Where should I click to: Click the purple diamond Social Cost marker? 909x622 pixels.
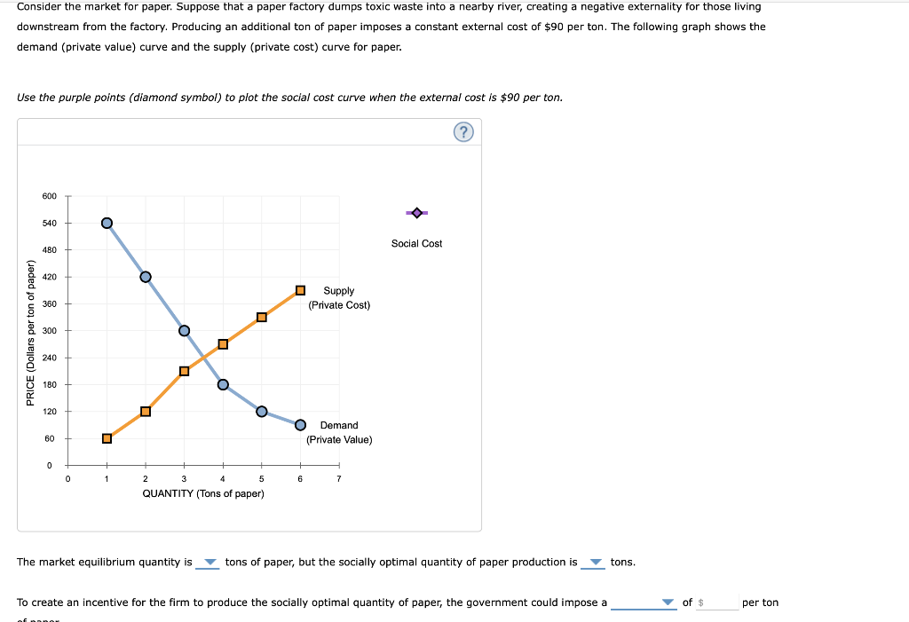pos(417,213)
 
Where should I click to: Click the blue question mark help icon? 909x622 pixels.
pos(463,132)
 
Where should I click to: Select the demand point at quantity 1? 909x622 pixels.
pos(107,223)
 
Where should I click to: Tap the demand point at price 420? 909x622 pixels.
pos(146,277)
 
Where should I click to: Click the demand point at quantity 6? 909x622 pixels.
pos(300,424)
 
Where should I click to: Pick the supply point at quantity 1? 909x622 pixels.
pos(107,438)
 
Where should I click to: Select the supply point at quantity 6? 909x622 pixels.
pos(300,290)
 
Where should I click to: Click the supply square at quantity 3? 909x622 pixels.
pos(184,371)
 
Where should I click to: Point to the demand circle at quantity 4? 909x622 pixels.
pos(223,384)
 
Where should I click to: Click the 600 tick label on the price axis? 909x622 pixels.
pos(49,196)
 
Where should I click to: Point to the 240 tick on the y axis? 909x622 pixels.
pos(49,358)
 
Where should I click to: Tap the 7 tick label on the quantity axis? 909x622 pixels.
pos(338,479)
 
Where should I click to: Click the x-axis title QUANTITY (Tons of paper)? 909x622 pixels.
pos(203,493)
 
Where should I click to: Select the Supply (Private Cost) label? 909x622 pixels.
pos(339,298)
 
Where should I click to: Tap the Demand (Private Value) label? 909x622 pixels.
pos(339,433)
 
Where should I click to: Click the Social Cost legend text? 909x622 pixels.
pos(416,243)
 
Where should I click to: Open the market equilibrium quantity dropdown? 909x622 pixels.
pos(209,563)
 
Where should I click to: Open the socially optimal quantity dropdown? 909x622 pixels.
pos(595,563)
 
